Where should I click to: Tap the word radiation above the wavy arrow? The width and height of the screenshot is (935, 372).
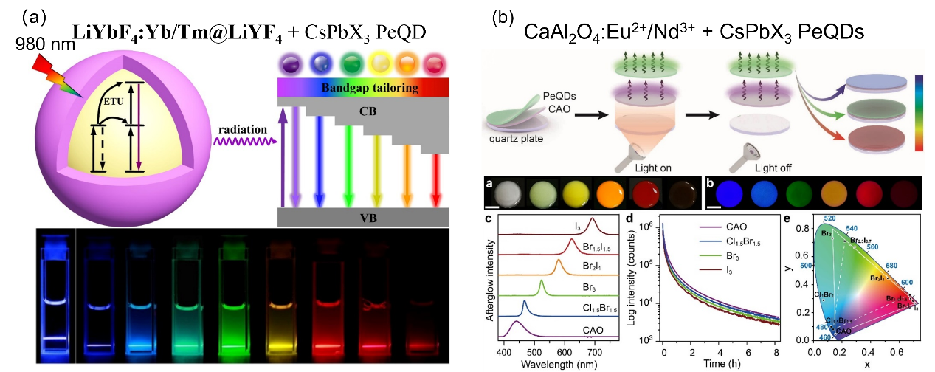click(x=241, y=129)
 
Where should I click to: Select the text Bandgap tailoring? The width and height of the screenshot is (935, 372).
click(x=369, y=89)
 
